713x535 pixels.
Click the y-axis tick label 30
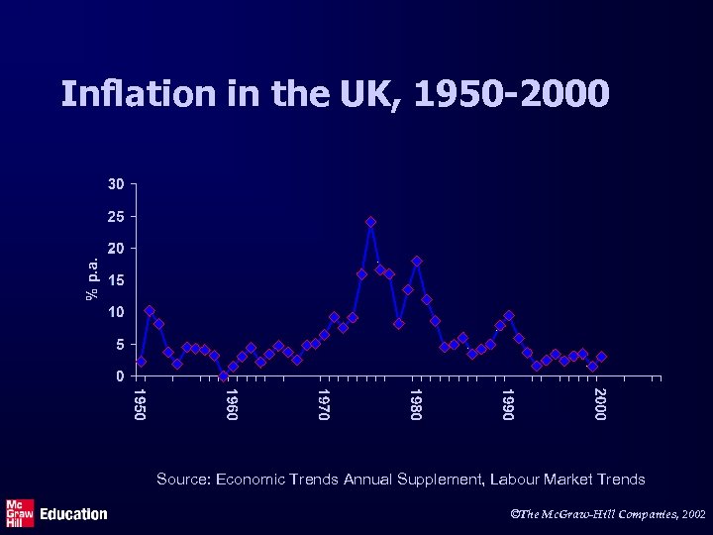click(117, 184)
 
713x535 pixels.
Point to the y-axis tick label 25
click(117, 216)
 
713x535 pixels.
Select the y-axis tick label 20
click(117, 249)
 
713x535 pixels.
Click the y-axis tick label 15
click(117, 280)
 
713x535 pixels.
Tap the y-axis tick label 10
click(117, 312)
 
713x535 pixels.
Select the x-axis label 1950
click(141, 403)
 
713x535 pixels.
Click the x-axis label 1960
click(232, 403)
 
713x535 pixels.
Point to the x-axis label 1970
click(324, 403)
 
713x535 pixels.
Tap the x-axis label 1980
click(416, 403)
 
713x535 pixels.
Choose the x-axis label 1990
click(507, 403)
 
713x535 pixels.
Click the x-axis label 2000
click(599, 403)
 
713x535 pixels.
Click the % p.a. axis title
click(92, 277)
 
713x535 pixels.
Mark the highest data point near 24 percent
click(370, 222)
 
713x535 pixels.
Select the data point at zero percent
click(224, 375)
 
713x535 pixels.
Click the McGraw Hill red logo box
click(20, 512)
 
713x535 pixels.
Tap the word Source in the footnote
click(181, 480)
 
